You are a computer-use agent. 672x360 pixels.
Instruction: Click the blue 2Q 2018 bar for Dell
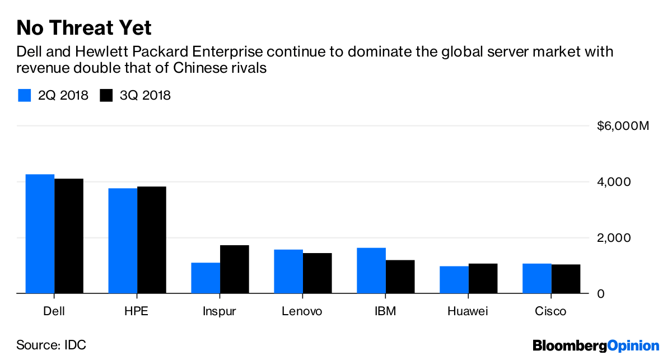[40, 233]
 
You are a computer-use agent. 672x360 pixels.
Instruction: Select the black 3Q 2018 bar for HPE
[152, 240]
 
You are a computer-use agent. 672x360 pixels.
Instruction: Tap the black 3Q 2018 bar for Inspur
[235, 269]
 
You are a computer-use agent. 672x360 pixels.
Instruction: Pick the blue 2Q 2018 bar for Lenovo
[288, 271]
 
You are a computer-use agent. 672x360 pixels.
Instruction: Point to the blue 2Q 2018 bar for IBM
[371, 270]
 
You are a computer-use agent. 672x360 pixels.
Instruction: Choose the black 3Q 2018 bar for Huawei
[483, 278]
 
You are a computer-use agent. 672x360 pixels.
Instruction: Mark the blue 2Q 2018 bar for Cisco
[537, 278]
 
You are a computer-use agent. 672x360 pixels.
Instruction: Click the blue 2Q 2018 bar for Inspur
[206, 278]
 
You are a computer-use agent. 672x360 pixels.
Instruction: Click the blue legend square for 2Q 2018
[25, 95]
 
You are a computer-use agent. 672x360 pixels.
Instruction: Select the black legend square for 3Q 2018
[106, 95]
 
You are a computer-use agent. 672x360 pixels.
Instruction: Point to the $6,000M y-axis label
[623, 126]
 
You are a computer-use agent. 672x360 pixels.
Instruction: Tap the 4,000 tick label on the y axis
[614, 182]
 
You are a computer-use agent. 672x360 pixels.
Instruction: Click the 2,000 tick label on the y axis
[614, 237]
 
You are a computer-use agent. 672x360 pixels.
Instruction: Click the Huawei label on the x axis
[469, 311]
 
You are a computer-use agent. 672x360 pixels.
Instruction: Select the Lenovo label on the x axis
[303, 311]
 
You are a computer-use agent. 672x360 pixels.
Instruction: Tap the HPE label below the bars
[137, 311]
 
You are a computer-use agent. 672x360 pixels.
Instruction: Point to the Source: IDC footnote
[51, 345]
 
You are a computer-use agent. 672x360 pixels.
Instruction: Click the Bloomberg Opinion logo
[596, 345]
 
